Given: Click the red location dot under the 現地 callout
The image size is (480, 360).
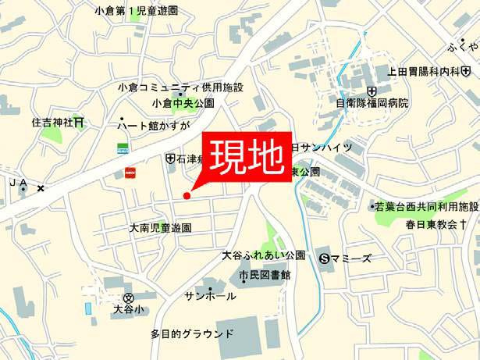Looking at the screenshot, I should click(x=186, y=195).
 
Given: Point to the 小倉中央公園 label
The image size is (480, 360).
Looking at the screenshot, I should click(x=183, y=102).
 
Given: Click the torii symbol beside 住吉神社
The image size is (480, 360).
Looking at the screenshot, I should click(x=79, y=123).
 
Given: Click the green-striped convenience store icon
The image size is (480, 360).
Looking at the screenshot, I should click(x=122, y=147).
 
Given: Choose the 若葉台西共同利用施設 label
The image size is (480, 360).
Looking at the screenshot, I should click(x=427, y=207).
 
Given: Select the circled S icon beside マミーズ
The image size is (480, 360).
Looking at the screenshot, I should click(x=326, y=258).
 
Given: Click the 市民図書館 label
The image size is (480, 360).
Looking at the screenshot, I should click(x=265, y=275).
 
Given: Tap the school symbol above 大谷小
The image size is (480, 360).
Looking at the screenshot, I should click(x=129, y=298).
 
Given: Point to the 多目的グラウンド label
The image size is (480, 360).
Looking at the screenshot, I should click(x=191, y=333).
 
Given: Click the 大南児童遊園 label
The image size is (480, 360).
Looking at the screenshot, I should click(x=160, y=229).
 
